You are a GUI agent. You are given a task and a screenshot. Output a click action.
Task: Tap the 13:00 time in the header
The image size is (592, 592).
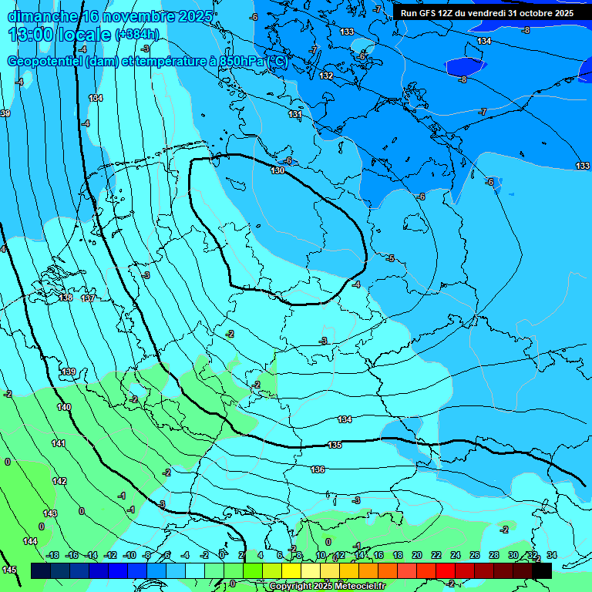(x=32, y=34)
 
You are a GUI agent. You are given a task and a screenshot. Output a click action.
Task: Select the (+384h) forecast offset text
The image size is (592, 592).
(x=137, y=35)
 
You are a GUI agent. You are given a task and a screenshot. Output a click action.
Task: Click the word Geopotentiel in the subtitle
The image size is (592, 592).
(x=44, y=62)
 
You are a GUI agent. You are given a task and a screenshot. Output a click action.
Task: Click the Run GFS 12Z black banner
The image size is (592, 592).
(x=486, y=13)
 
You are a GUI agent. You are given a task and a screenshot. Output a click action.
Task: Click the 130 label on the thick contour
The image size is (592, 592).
(x=277, y=170)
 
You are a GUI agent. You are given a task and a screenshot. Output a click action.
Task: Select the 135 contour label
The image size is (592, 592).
(x=335, y=446)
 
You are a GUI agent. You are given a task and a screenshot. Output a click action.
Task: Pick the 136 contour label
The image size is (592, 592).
(x=318, y=469)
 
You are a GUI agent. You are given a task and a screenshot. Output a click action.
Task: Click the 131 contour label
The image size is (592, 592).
(x=295, y=114)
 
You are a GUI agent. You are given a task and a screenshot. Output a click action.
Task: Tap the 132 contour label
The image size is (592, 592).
(x=327, y=76)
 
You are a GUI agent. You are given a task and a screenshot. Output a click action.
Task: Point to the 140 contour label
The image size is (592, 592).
(x=64, y=407)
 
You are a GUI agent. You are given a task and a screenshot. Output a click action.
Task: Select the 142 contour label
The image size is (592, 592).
(x=59, y=481)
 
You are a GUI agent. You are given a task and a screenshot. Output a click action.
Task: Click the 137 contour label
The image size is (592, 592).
(x=88, y=298)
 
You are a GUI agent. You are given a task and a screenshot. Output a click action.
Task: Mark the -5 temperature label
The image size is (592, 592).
(x=390, y=258)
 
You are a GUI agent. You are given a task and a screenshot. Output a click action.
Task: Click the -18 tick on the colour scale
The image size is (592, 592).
(x=53, y=555)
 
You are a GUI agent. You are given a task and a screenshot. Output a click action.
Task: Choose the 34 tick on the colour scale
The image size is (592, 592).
(x=551, y=555)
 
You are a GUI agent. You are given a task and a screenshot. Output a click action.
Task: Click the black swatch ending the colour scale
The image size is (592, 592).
(x=542, y=570)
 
